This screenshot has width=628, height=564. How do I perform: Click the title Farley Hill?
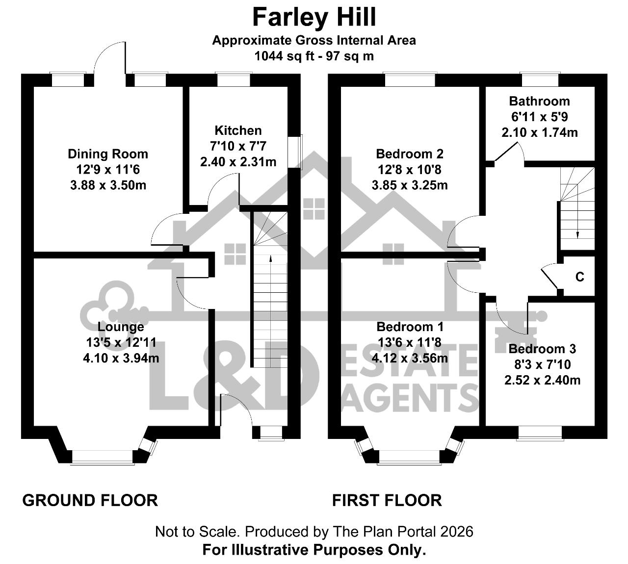pyautogui.click(x=314, y=17)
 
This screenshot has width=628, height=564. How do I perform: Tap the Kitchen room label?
pyautogui.click(x=238, y=130)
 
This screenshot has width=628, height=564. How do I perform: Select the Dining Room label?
pyautogui.click(x=108, y=154)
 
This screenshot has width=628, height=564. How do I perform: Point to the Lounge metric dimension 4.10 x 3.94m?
pyautogui.click(x=121, y=358)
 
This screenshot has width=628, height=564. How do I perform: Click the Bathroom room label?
pyautogui.click(x=539, y=102)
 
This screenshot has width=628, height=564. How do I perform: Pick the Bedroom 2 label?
pyautogui.click(x=410, y=154)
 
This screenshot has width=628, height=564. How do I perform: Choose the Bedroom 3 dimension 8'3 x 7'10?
pyautogui.click(x=543, y=364)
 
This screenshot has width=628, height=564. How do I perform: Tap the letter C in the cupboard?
pyautogui.click(x=579, y=277)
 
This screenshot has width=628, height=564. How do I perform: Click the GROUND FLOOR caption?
pyautogui.click(x=90, y=500)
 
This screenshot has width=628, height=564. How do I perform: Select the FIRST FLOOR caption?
pyautogui.click(x=387, y=500)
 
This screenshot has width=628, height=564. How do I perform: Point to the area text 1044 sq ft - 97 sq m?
pyautogui.click(x=314, y=56)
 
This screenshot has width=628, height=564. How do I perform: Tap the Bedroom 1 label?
pyautogui.click(x=410, y=327)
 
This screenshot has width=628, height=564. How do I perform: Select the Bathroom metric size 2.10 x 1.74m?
pyautogui.click(x=540, y=132)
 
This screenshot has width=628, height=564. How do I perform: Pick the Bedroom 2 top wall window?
pyautogui.click(x=410, y=79)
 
